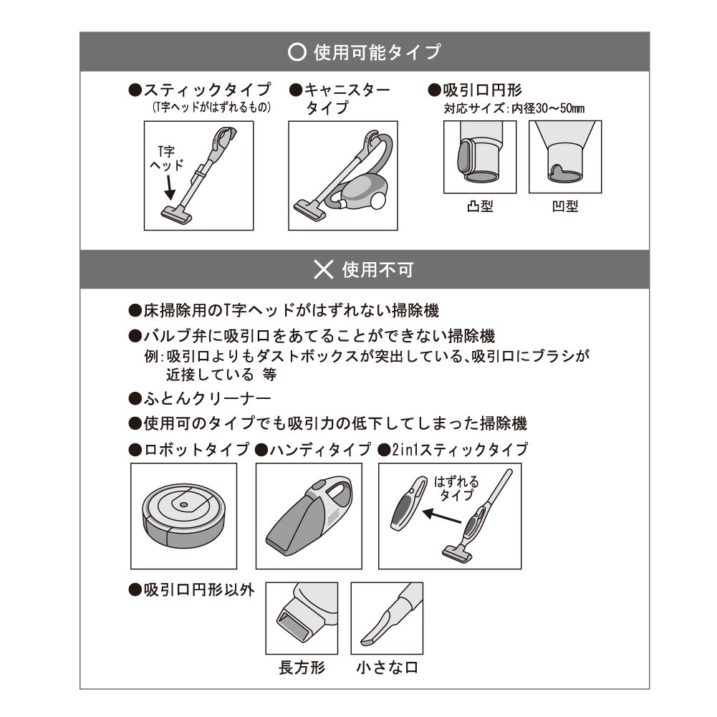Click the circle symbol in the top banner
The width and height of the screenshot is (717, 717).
click(x=296, y=52)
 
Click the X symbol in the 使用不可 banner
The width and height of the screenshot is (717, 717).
click(x=324, y=269)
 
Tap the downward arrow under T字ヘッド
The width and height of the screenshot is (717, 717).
click(x=169, y=188)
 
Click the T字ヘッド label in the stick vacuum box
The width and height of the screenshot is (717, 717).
click(x=165, y=158)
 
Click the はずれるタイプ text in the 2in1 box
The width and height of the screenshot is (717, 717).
click(x=456, y=488)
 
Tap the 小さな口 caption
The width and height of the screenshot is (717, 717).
click(x=387, y=668)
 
